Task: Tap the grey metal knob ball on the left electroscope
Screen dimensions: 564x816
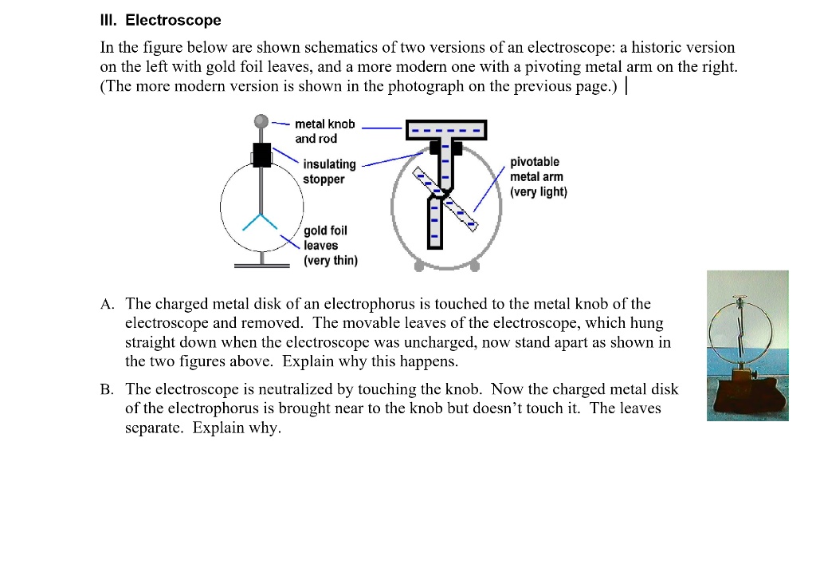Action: tap(261, 121)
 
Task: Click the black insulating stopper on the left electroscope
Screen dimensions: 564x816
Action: tap(261, 155)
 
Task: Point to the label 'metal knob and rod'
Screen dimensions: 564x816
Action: tap(324, 131)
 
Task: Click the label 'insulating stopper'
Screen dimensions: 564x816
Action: tap(329, 172)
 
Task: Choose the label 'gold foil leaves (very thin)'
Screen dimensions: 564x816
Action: tap(330, 245)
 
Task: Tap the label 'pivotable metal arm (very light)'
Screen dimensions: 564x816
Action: tap(538, 176)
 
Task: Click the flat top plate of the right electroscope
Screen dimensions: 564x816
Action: tap(445, 129)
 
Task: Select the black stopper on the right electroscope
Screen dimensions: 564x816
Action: tap(445, 148)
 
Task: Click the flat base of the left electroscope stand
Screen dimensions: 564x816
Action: tap(261, 265)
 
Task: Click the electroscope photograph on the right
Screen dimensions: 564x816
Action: tap(747, 345)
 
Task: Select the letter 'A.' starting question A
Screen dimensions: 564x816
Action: tap(108, 304)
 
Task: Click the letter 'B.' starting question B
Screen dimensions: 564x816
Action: tap(108, 390)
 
